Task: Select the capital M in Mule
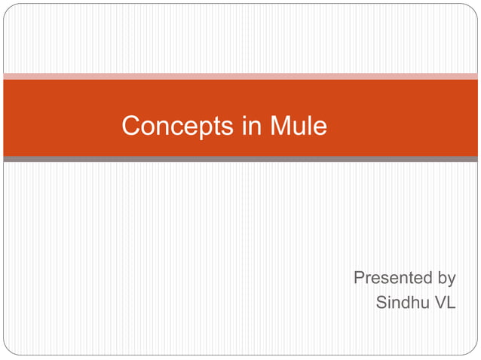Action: coord(281,126)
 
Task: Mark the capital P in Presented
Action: coord(360,278)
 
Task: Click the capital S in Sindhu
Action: coord(381,304)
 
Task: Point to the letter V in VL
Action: coord(437,304)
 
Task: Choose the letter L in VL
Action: coord(450,304)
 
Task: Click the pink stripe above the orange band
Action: coord(240,76)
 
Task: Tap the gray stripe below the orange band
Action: coord(240,160)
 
